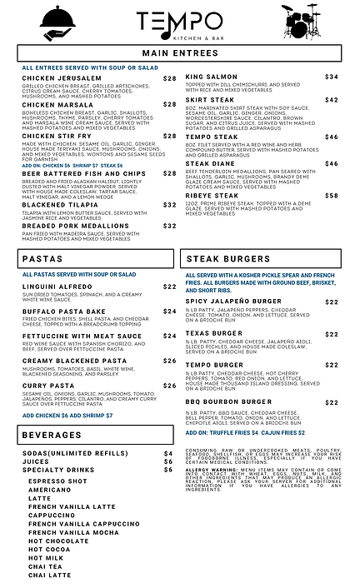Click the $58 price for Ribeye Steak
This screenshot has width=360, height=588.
pyautogui.click(x=331, y=195)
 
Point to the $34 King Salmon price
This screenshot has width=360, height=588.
pyautogui.click(x=331, y=77)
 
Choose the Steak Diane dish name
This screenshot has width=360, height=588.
pyautogui.click(x=211, y=163)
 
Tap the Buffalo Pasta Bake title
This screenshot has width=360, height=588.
pyautogui.click(x=60, y=311)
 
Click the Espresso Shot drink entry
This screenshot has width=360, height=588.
pyautogui.click(x=58, y=481)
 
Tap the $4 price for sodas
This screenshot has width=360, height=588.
pyautogui.click(x=167, y=452)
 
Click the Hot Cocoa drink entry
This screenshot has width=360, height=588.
pyautogui.click(x=49, y=526)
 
